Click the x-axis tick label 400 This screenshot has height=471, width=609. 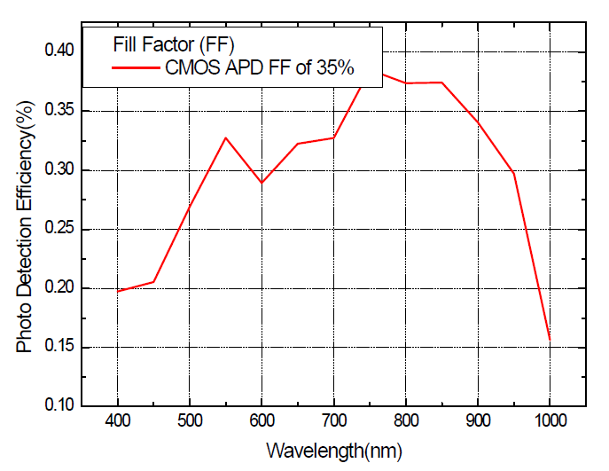(x=117, y=420)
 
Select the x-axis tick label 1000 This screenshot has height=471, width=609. (x=550, y=420)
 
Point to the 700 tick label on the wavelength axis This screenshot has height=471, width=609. (x=334, y=420)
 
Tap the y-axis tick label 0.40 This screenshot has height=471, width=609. (x=59, y=51)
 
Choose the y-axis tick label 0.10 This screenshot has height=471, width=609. (x=59, y=405)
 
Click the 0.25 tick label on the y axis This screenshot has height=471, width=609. (x=59, y=228)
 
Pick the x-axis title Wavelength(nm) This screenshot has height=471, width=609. (x=334, y=451)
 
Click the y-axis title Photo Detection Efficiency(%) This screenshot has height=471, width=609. (x=25, y=226)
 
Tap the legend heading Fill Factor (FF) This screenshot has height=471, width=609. (x=174, y=44)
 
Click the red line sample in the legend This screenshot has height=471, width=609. (x=136, y=68)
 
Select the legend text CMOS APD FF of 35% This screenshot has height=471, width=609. (x=260, y=67)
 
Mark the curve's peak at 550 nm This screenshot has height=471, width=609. (x=226, y=137)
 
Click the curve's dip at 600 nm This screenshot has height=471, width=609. (x=262, y=183)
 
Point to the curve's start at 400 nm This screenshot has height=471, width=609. (x=117, y=291)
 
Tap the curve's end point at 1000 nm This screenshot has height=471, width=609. (x=550, y=340)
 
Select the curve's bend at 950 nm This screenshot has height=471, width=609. (x=514, y=172)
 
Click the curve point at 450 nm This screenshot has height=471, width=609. (x=154, y=282)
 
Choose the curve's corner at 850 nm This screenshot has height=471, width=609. (x=442, y=82)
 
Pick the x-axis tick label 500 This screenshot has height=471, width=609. (x=190, y=420)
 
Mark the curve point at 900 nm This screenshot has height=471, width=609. (x=478, y=122)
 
